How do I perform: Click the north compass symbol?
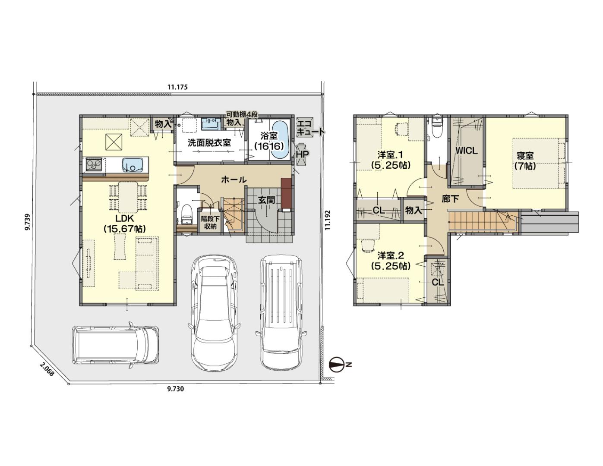click(x=337, y=365)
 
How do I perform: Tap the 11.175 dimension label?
click(x=177, y=87)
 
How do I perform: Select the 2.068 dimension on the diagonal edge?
click(x=47, y=369)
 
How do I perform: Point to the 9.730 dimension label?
click(x=175, y=389)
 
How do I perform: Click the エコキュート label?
click(x=309, y=127)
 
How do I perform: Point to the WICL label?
click(x=467, y=151)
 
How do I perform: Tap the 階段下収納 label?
click(x=210, y=223)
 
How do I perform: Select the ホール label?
click(x=234, y=180)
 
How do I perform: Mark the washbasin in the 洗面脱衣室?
click(x=211, y=124)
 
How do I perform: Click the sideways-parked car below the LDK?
click(x=116, y=345)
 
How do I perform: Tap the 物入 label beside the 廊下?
click(x=414, y=210)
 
